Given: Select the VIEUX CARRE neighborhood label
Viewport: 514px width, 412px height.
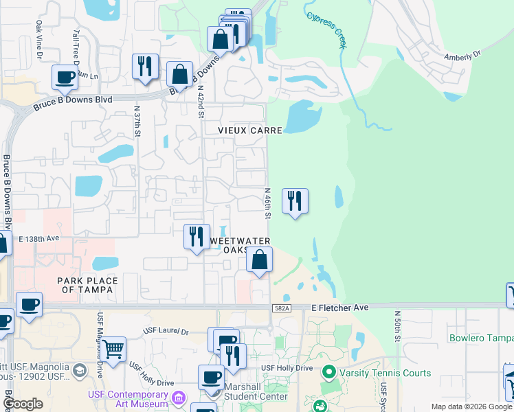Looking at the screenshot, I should [x=250, y=129].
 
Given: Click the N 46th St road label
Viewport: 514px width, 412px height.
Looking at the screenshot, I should [x=268, y=204].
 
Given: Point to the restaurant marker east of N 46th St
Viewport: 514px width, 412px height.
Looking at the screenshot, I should [x=295, y=201].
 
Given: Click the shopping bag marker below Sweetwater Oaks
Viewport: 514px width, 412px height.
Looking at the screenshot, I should [x=259, y=260].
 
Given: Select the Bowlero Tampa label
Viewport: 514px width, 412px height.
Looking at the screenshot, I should [x=481, y=338].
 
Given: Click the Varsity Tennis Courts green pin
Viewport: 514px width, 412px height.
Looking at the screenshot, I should [x=329, y=373].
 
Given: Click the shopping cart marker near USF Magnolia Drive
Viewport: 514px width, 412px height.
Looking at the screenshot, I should [x=113, y=348].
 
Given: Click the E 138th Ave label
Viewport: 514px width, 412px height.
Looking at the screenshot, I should [x=40, y=238].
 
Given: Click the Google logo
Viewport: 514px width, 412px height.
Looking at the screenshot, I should [x=24, y=404].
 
